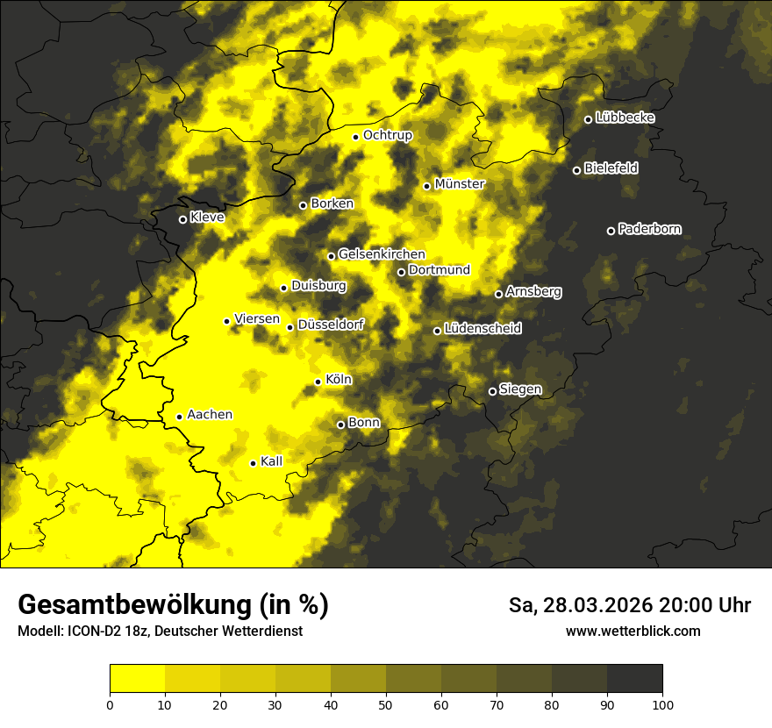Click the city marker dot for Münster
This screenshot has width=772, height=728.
427,186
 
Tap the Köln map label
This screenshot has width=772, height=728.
339,380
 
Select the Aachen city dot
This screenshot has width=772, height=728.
179,417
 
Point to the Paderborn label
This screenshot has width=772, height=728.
650,229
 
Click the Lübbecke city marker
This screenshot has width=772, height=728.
588,119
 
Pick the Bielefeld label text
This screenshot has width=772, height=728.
611,168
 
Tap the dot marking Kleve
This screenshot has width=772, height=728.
182,219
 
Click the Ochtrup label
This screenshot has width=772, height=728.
388,135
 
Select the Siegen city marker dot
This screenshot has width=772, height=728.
492,391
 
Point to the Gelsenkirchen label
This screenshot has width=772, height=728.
382,254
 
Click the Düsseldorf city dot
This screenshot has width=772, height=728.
289,327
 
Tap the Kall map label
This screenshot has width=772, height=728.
272,461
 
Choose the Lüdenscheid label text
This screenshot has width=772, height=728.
483,329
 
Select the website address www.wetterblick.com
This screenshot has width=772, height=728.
633,631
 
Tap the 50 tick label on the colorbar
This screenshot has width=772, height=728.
386,704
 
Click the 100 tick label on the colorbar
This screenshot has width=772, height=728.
662,704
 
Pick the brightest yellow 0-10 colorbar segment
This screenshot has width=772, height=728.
138,679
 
